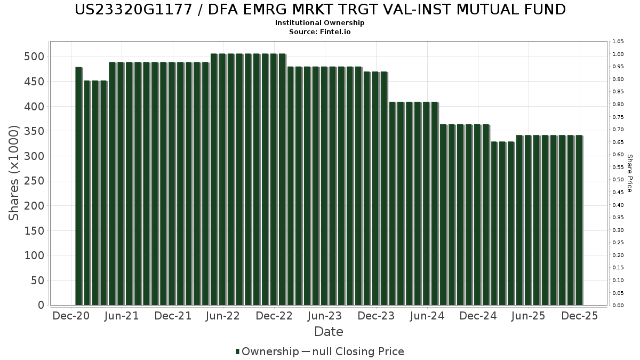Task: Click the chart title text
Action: [320, 10]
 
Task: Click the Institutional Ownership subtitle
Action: [320, 23]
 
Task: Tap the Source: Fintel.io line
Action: [320, 32]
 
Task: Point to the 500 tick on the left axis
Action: [37, 57]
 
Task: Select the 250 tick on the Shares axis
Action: [37, 181]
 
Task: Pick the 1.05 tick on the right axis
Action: [618, 42]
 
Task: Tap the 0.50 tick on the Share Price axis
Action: [618, 180]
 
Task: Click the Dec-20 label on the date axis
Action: [71, 316]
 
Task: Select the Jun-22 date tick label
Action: [223, 316]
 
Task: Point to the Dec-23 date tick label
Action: [376, 316]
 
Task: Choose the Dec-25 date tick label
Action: [580, 316]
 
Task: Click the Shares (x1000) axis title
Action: [14, 173]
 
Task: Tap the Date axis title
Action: [329, 332]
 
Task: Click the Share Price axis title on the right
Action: [629, 173]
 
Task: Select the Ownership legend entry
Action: [267, 351]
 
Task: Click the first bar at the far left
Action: [78, 186]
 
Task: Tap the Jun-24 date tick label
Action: [427, 316]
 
